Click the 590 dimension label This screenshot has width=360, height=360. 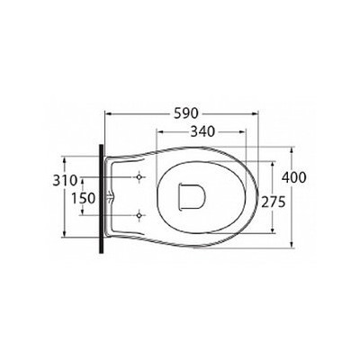pos(186,113)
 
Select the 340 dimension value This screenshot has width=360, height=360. pos(203,131)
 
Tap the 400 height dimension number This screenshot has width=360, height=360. pos(294,177)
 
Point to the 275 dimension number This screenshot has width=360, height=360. pos(273,202)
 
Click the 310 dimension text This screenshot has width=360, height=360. pos(65,181)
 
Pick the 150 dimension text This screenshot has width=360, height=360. pos(84,198)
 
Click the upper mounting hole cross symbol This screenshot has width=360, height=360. pos(139,177)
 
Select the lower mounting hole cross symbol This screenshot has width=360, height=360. pos(139,215)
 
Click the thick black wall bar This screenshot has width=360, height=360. pos(102,199)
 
